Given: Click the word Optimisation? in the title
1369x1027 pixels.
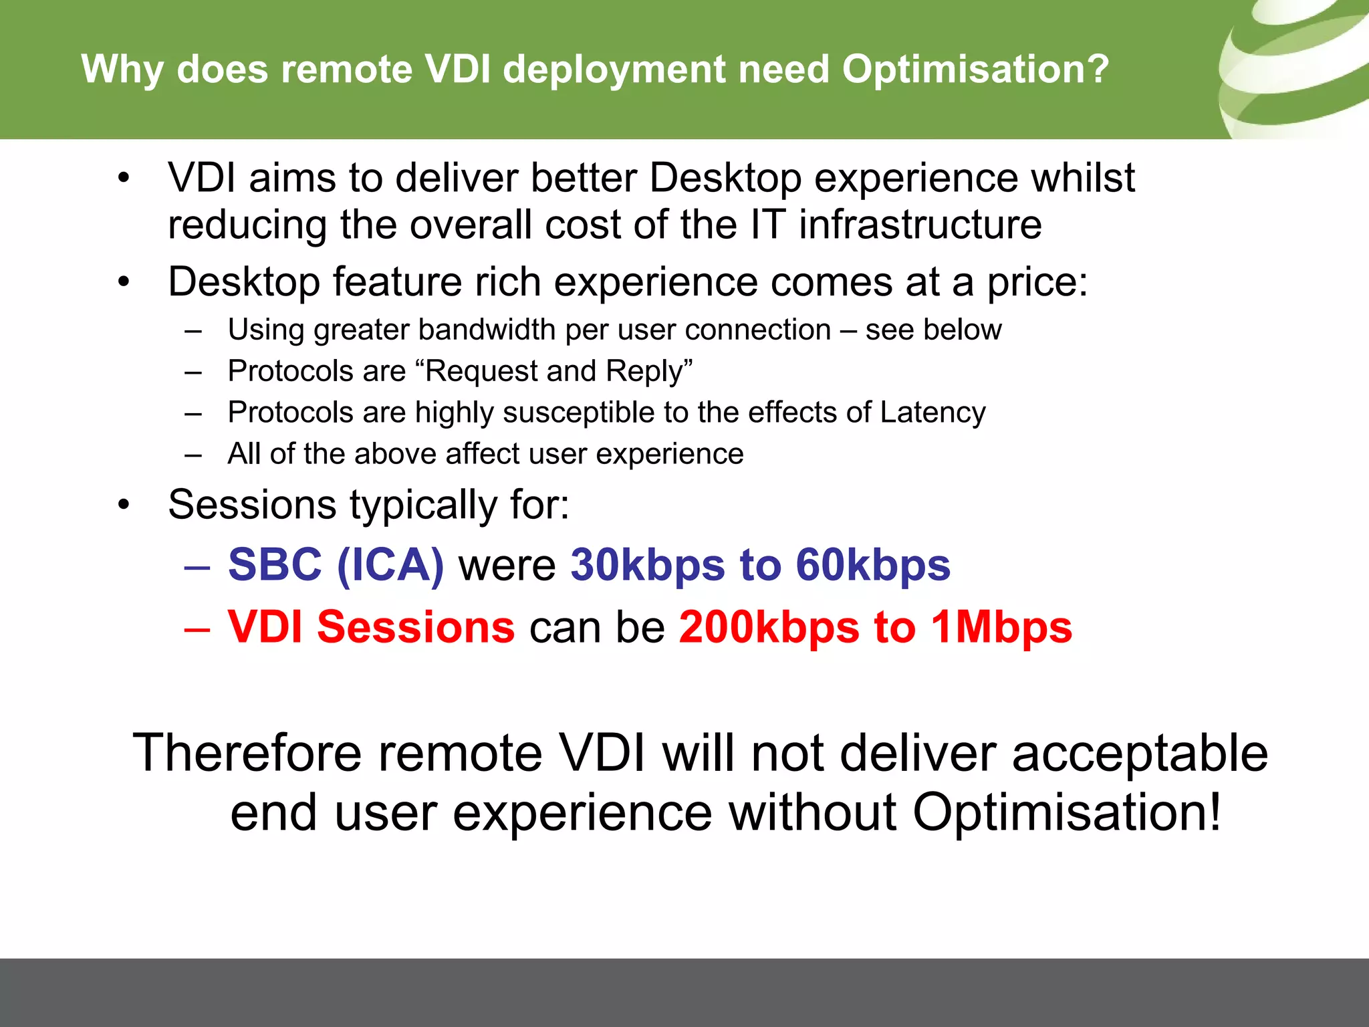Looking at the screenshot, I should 975,69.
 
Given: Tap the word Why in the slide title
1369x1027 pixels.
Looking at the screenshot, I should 121,69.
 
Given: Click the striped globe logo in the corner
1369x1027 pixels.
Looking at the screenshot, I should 1297,67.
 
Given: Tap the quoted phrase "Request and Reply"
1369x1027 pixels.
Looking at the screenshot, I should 559,371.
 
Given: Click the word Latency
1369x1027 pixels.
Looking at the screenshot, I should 932,413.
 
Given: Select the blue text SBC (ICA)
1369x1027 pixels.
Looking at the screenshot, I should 336,565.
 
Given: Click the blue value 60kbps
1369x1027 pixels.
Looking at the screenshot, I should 872,565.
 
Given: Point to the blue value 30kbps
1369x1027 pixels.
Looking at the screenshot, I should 647,565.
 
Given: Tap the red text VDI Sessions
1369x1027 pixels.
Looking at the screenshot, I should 371,627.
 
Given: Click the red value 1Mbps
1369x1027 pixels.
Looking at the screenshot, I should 1001,627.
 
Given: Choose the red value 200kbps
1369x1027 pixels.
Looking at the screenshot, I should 769,627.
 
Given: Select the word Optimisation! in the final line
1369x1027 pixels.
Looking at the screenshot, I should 1067,813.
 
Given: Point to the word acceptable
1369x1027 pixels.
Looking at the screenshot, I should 1140,754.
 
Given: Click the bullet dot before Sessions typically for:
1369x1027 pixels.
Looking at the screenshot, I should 123,505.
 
